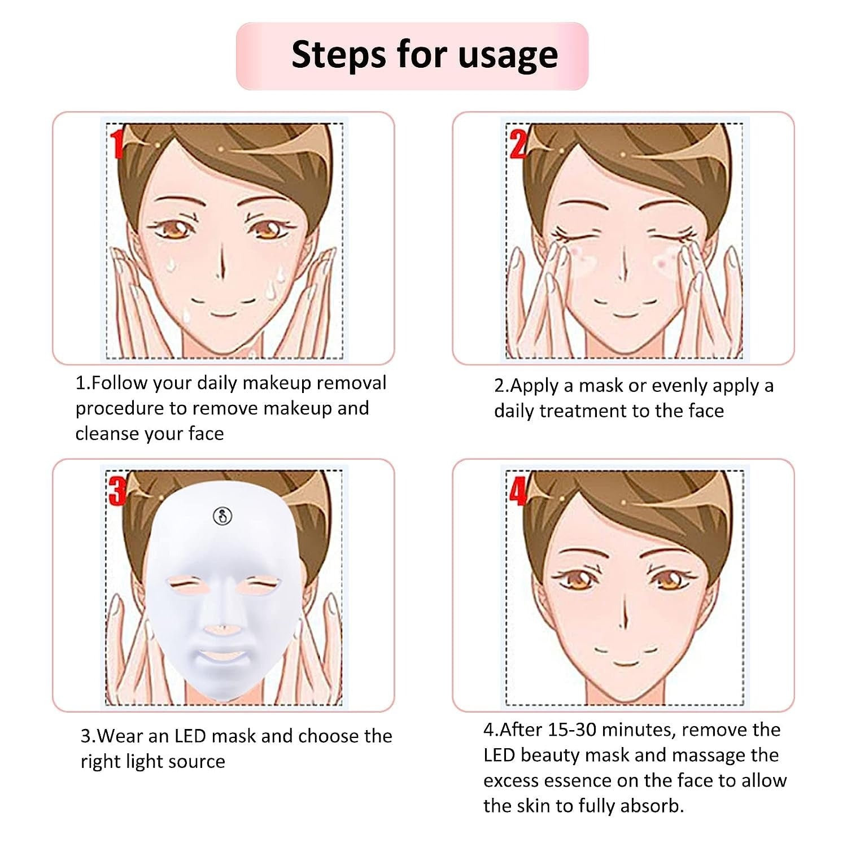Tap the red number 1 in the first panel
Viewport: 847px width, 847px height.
pos(117,144)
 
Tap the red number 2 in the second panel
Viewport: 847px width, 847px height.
pos(517,144)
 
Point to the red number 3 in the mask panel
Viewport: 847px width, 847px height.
pos(117,491)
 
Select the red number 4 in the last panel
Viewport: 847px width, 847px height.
pos(517,491)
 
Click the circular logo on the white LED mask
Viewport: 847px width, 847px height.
pos(222,515)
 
